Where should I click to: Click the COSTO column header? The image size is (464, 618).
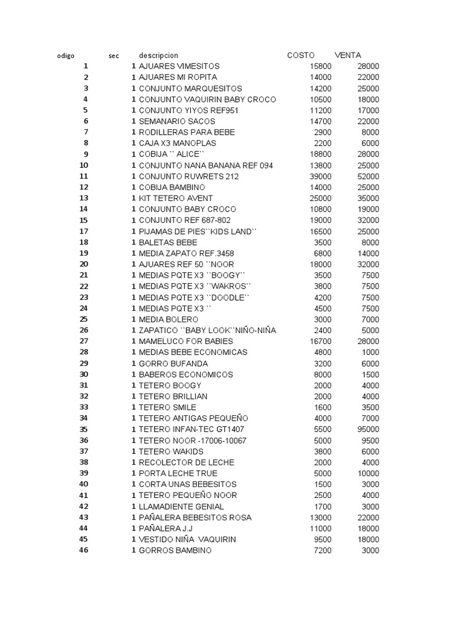coord(301,56)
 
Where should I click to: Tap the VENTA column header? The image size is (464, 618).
coord(347,56)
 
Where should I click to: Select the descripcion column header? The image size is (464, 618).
coord(158,56)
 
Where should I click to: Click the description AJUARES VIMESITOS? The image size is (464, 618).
coord(179,66)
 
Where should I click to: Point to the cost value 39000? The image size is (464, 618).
coord(320,176)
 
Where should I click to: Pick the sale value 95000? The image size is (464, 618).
coord(367,430)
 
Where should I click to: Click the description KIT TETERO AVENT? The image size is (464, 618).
coord(175,199)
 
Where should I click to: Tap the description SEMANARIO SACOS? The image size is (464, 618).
coord(176,121)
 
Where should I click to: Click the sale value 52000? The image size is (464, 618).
coord(367,176)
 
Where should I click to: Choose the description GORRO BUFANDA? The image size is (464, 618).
coord(173,364)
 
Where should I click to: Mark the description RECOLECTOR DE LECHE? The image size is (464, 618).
coord(186,463)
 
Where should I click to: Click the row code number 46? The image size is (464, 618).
coord(83,550)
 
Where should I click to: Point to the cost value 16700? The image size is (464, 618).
coord(320,342)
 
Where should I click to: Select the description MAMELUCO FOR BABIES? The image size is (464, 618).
coord(184,342)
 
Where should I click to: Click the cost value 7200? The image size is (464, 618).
coord(323,550)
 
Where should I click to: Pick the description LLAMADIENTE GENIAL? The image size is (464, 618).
coord(181,507)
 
